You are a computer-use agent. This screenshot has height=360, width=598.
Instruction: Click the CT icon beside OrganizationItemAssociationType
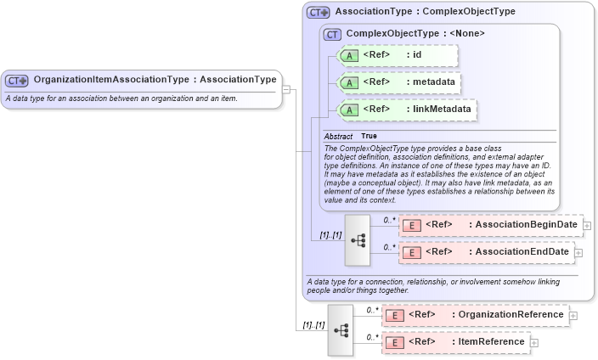tap(17, 81)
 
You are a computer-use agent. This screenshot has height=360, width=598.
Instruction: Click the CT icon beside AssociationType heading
tap(319, 13)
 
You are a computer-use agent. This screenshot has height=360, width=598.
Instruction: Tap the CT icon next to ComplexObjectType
tap(332, 34)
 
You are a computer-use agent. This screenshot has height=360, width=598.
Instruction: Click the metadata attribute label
tap(432, 82)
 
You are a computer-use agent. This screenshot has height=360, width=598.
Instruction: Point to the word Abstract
tap(337, 136)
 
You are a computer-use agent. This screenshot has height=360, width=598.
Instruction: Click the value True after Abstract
tap(370, 136)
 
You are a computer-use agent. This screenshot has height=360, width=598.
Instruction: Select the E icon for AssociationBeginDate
tap(411, 225)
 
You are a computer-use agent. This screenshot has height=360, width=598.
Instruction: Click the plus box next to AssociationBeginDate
tap(587, 226)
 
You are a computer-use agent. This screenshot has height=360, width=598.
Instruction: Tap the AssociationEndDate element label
tap(521, 252)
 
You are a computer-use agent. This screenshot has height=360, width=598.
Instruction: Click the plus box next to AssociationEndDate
tap(578, 252)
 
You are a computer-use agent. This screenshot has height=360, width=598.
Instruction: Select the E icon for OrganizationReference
tap(393, 315)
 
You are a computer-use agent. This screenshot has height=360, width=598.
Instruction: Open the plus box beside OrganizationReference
tap(573, 316)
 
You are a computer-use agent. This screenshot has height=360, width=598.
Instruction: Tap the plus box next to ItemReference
tap(534, 342)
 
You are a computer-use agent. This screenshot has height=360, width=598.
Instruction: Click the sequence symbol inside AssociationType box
tap(358, 239)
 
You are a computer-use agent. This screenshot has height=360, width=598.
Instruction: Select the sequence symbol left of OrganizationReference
tap(340, 329)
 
